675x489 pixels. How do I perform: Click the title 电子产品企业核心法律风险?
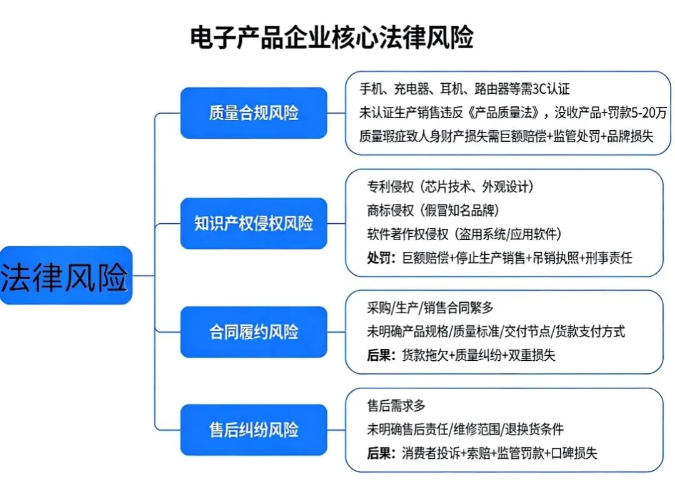click(331, 38)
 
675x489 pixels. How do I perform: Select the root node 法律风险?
click(65, 275)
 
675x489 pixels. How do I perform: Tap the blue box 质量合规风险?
click(253, 113)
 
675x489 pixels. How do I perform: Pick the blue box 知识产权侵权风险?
click(253, 224)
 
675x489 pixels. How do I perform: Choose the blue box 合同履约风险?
click(253, 332)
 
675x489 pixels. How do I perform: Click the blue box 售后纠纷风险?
click(253, 430)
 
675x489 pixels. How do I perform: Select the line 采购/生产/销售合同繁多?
click(430, 308)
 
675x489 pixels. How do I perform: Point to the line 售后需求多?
click(396, 406)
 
